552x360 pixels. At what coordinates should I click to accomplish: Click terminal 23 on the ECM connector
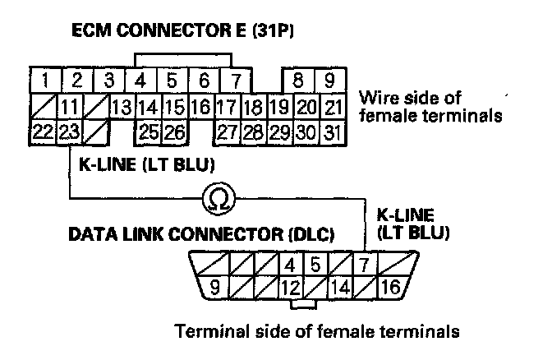[70, 131]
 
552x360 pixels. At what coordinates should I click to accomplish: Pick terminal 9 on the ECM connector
[329, 81]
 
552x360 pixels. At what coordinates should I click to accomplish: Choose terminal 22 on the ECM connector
[44, 131]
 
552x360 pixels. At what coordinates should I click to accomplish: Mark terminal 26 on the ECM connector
[174, 131]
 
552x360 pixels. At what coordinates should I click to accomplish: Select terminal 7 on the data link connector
[363, 265]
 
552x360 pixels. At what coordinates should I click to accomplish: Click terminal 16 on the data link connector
[390, 287]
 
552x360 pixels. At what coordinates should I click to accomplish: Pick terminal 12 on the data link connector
[289, 287]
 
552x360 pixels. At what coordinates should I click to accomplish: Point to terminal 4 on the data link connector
[289, 265]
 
